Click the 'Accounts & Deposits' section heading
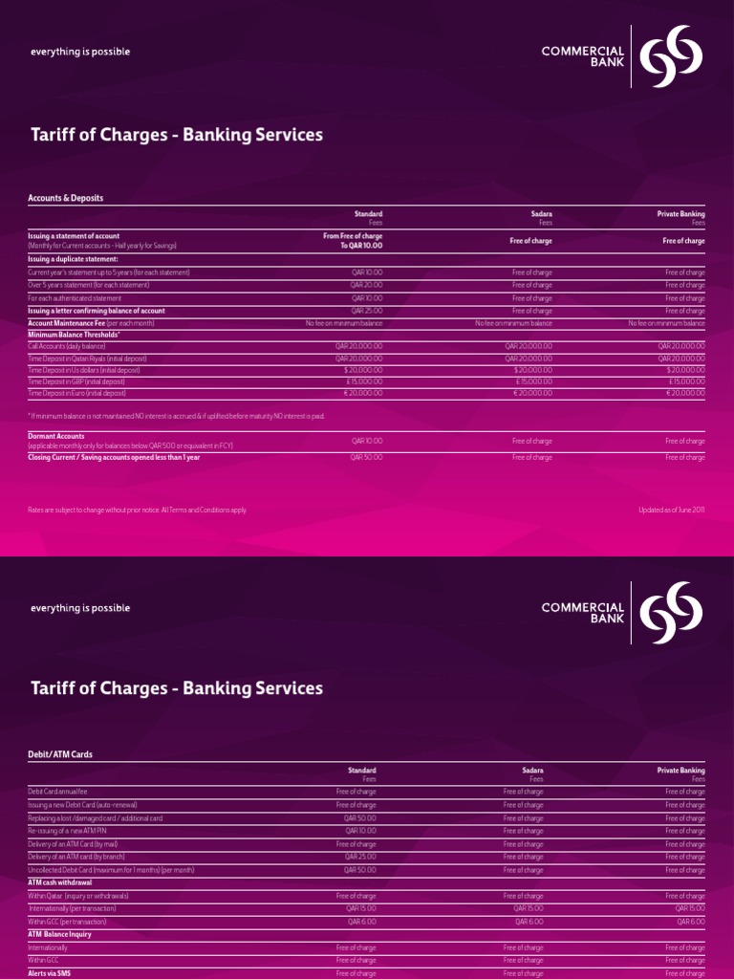(65, 198)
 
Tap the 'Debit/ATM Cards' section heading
(60, 754)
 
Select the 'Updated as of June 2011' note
(671, 510)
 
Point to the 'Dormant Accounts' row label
(58, 435)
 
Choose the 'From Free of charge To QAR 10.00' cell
(353, 240)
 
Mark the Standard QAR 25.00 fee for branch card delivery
(360, 857)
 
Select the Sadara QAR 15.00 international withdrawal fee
(529, 908)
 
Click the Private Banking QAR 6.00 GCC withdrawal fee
(691, 921)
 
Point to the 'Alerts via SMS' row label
(51, 972)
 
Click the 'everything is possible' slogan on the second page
(79, 608)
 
